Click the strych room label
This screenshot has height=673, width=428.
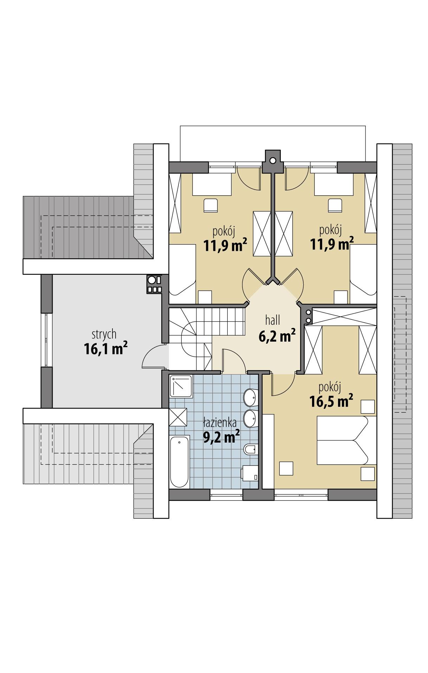tap(104, 334)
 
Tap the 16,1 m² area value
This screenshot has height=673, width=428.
tap(105, 349)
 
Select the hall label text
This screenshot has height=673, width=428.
tap(273, 320)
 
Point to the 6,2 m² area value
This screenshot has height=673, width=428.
tap(277, 336)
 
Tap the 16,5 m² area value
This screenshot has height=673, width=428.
tap(331, 401)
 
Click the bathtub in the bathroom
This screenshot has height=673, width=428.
tap(180, 461)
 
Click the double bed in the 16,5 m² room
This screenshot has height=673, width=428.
tap(342, 440)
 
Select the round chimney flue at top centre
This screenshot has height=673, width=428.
tap(273, 160)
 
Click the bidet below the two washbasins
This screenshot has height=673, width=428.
tap(249, 449)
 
